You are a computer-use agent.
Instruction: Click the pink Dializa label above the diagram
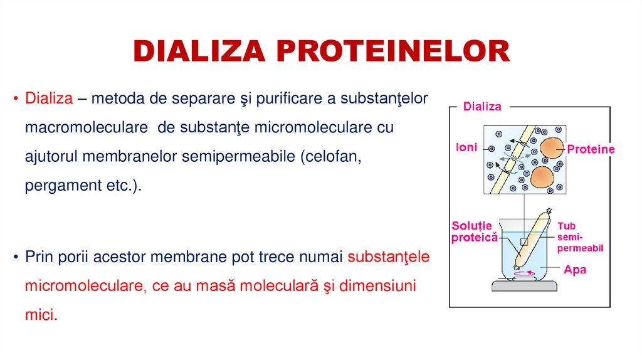click(482, 107)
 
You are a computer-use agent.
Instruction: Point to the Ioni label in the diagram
click(466, 148)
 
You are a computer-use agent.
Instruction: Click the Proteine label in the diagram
click(591, 149)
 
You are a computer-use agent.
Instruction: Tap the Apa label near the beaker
click(575, 270)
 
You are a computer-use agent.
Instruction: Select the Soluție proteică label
click(475, 231)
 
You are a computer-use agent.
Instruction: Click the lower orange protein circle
click(543, 177)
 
